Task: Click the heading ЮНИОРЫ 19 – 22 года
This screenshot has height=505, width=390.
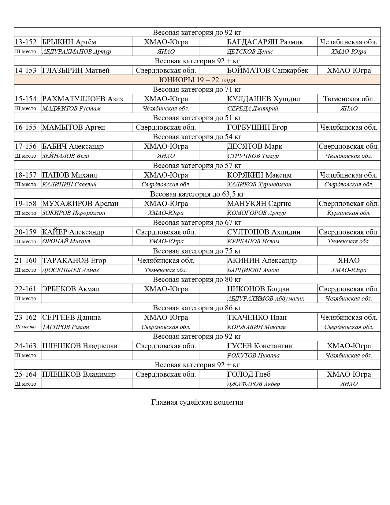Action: (197, 80)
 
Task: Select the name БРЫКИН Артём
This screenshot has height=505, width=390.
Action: (69, 42)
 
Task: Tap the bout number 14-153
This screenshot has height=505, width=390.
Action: (26, 70)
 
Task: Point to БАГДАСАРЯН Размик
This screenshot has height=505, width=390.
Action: (265, 42)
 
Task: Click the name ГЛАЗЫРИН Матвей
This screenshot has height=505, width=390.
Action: (76, 70)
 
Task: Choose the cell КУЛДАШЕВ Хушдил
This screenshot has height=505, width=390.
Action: (263, 99)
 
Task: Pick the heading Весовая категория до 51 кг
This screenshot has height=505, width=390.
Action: (197, 118)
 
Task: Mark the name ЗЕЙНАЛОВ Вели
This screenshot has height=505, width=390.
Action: (66, 156)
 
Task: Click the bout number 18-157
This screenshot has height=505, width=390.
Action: (26, 175)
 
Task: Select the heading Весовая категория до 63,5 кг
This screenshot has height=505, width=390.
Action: (197, 194)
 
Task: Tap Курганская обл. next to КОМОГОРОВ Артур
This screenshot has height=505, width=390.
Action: (349, 213)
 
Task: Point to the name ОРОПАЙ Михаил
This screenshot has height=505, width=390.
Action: (66, 241)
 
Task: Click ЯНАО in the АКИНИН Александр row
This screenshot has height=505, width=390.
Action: (349, 260)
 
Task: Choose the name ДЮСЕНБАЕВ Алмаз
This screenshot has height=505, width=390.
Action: (71, 270)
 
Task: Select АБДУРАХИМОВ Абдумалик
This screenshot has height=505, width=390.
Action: (266, 298)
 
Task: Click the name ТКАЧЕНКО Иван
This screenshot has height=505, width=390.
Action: (257, 317)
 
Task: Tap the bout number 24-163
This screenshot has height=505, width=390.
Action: (26, 346)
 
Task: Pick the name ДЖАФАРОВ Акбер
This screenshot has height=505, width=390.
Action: (253, 384)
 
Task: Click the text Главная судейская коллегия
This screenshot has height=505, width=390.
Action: (197, 402)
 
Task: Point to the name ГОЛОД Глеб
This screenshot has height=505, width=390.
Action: (249, 374)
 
